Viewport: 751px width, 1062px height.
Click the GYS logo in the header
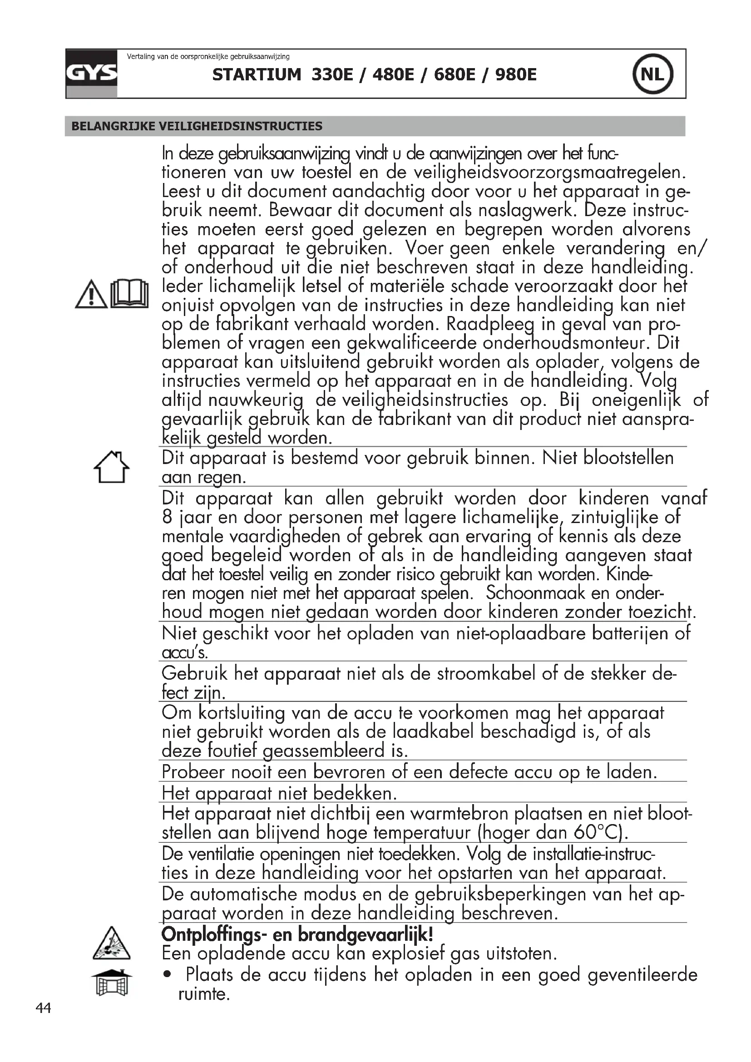(x=91, y=74)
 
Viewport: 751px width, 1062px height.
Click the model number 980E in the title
(x=516, y=74)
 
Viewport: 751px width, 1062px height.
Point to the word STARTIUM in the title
(x=257, y=74)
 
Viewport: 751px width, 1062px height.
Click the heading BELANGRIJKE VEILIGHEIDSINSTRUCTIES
(x=197, y=126)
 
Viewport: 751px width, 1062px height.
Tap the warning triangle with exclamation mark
(x=91, y=294)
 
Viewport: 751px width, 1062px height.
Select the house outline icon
(x=111, y=467)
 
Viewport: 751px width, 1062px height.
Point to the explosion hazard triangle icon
(x=111, y=943)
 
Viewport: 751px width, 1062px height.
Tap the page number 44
(x=44, y=1008)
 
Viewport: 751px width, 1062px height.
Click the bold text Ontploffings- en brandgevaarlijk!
(x=297, y=935)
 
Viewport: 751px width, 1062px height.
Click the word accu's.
(x=185, y=652)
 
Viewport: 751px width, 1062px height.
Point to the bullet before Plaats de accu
(x=167, y=975)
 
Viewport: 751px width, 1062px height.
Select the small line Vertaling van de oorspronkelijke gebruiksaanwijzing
(x=208, y=57)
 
